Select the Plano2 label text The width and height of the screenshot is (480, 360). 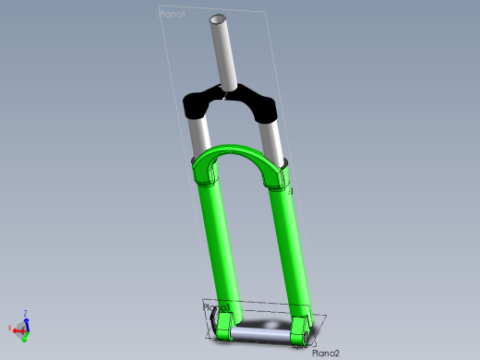(326, 353)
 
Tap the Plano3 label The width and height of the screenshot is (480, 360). (217, 306)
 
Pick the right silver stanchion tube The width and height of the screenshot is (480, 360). (274, 139)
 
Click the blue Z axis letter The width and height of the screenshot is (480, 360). (26, 313)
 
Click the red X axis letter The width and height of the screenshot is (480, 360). (8, 329)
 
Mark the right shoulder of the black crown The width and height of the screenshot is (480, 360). (267, 108)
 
